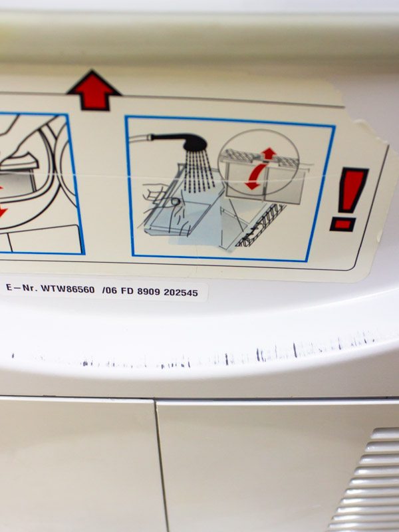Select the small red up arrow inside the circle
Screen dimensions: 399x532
pyautogui.click(x=269, y=153)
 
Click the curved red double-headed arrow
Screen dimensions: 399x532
pyautogui.click(x=255, y=176)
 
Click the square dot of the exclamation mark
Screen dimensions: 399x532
pyautogui.click(x=343, y=224)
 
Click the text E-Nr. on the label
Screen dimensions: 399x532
pyautogui.click(x=21, y=288)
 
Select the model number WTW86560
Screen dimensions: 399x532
pyautogui.click(x=68, y=289)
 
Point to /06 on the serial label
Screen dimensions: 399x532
pyautogui.click(x=109, y=291)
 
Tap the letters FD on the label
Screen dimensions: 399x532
pyautogui.click(x=127, y=291)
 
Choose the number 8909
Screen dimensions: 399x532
pyautogui.click(x=148, y=291)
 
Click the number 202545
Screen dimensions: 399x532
pyautogui.click(x=180, y=293)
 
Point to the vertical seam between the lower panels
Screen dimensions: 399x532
pyautogui.click(x=162, y=465)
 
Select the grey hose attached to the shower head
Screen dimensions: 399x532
pyautogui.click(x=140, y=138)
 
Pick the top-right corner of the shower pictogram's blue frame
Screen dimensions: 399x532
pyautogui.click(x=334, y=126)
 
